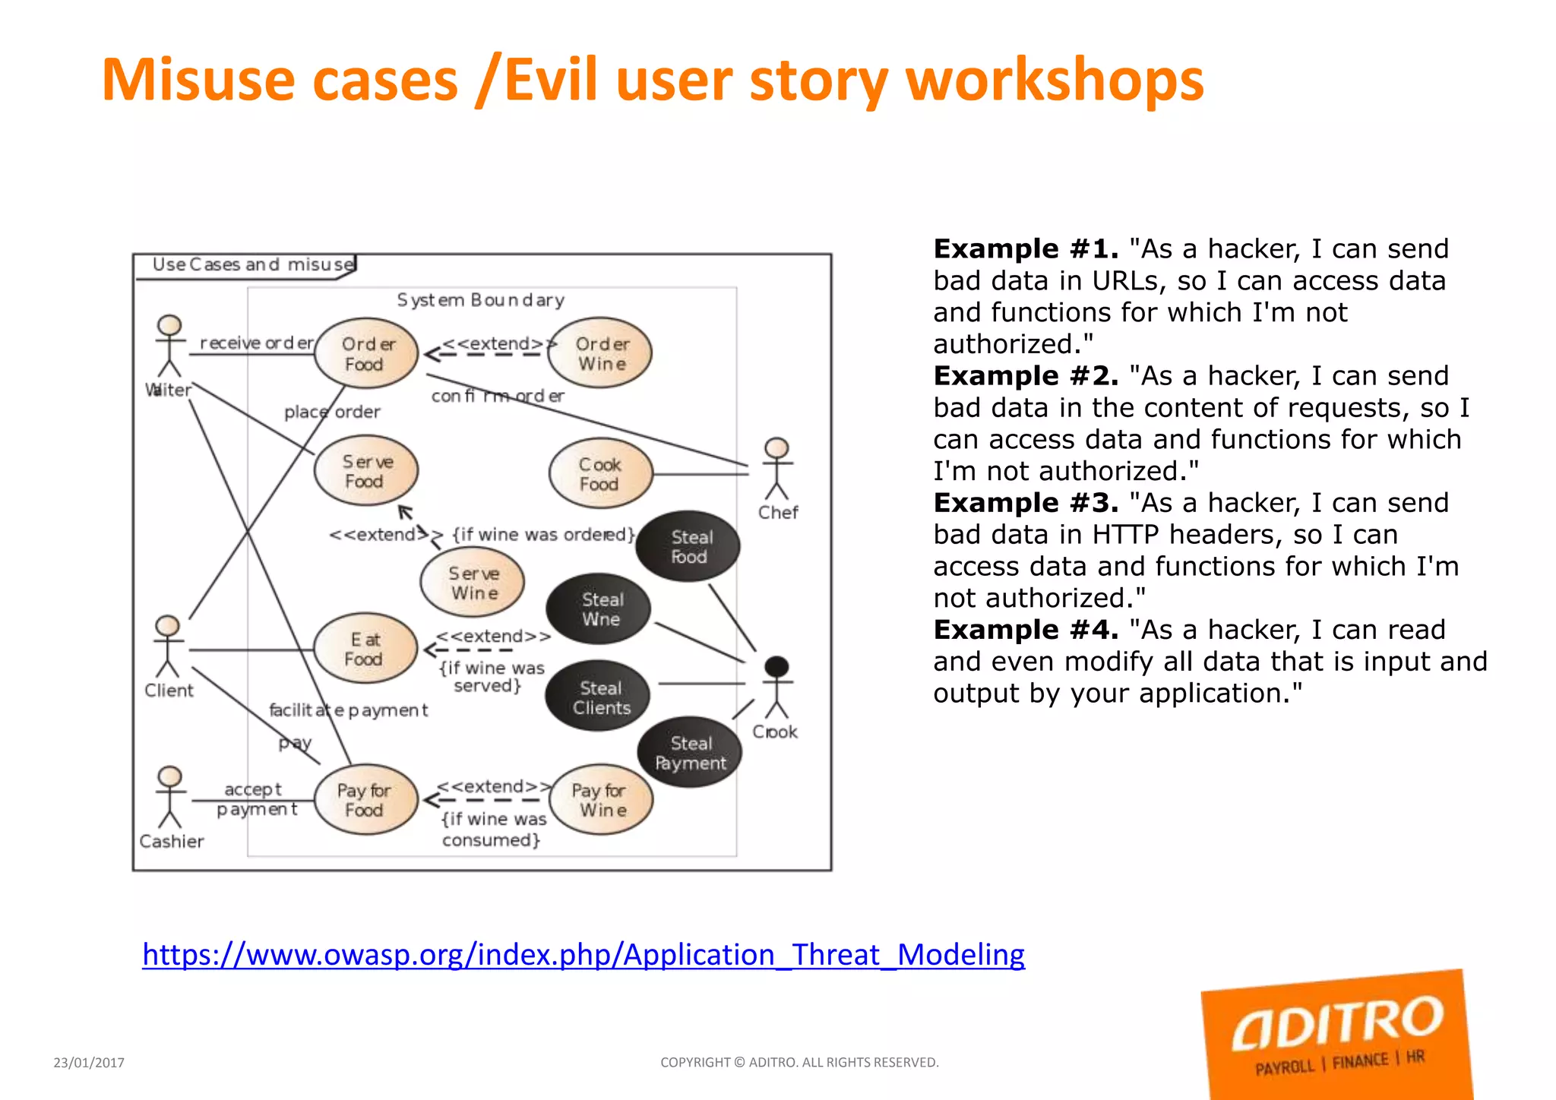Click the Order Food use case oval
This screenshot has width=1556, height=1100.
point(367,354)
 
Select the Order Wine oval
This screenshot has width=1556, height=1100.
point(600,354)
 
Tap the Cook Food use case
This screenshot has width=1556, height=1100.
point(600,474)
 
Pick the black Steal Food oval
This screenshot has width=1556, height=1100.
point(688,546)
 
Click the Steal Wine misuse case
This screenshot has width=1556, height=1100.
point(599,609)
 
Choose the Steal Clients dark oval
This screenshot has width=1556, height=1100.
point(599,697)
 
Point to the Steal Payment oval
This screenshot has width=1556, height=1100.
point(690,753)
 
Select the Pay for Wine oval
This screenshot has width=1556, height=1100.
point(600,800)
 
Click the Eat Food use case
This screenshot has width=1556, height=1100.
point(365,649)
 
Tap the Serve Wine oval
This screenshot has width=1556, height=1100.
point(473,583)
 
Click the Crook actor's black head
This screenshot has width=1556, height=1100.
point(776,667)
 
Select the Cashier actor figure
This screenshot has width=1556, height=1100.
point(169,798)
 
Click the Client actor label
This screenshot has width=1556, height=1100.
point(169,691)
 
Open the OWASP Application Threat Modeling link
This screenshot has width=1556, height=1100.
point(583,955)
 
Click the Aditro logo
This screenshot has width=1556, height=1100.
point(1336,1034)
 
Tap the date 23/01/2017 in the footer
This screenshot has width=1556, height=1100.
point(89,1063)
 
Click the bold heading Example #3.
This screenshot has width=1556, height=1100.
point(1026,503)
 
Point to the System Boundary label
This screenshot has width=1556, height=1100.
point(480,300)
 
